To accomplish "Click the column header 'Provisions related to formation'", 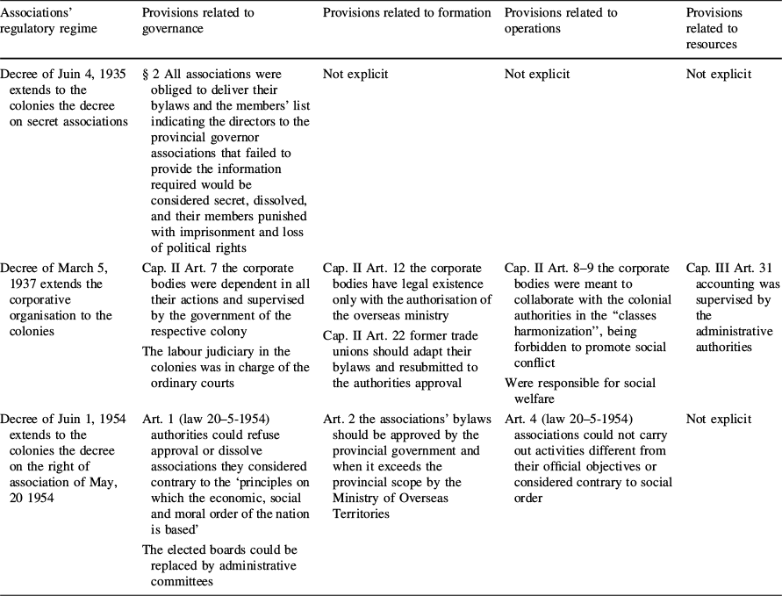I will (406, 13).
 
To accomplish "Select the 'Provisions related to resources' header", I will (714, 28).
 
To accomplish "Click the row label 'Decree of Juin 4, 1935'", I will (65, 75).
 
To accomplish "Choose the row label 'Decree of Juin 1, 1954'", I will (65, 419).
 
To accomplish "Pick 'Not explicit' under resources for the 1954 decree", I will (719, 419).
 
